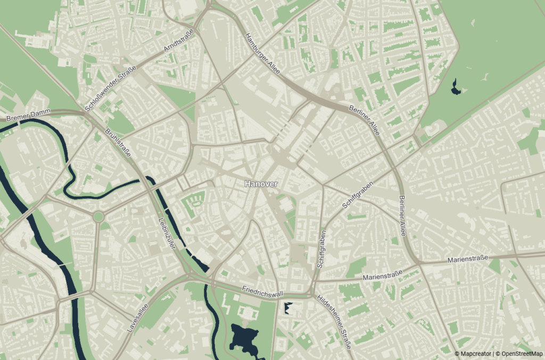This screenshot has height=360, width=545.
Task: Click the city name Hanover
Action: (261, 183)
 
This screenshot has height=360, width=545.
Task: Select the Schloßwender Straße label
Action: (111, 88)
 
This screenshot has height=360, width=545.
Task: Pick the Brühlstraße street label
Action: (119, 144)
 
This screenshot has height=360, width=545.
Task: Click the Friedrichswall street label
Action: (262, 292)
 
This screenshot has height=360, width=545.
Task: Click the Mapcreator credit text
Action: (474, 353)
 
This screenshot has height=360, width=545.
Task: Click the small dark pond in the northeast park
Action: (456, 87)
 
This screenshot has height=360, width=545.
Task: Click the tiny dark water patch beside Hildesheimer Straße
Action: (288, 308)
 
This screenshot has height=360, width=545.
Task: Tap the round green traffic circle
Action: (98, 217)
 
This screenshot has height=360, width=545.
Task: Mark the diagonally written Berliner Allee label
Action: (365, 120)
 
